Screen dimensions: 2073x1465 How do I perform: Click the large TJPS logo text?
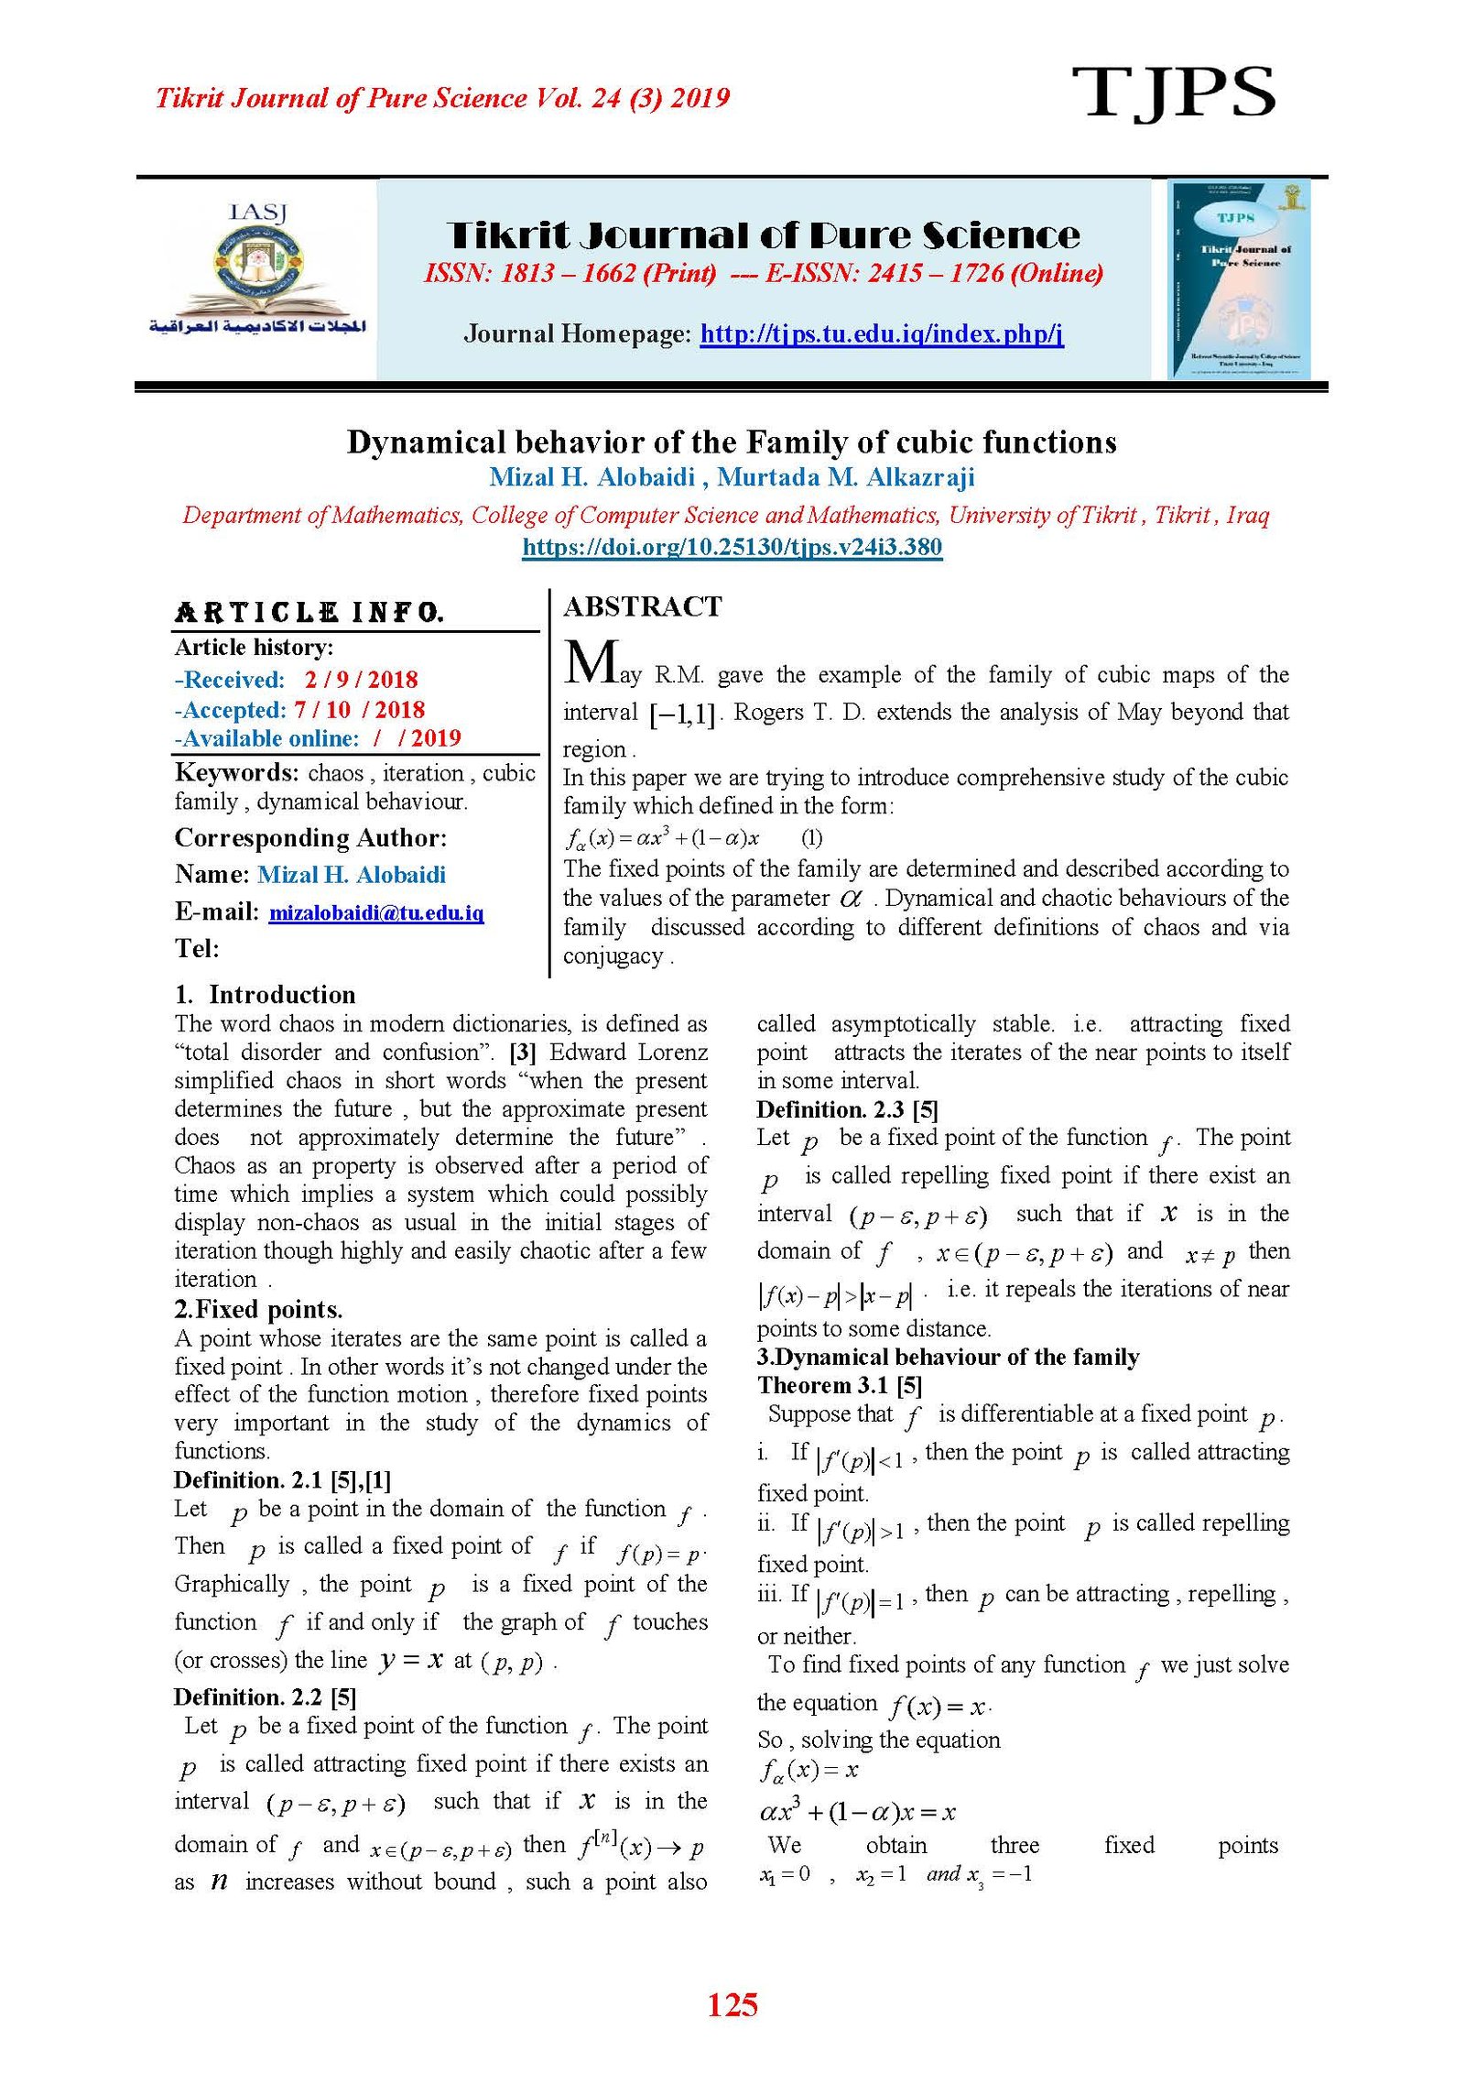click(1173, 93)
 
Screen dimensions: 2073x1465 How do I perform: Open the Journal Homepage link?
click(881, 333)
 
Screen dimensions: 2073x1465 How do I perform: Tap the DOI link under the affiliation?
click(732, 548)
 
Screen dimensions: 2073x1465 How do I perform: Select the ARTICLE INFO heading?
click(309, 612)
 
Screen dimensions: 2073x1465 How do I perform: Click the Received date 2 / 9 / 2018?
click(361, 680)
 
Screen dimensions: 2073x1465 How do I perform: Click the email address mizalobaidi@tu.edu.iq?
click(375, 912)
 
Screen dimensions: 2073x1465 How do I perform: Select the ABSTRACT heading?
click(643, 606)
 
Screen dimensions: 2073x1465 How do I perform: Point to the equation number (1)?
click(811, 837)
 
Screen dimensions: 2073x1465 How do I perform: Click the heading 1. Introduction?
click(265, 995)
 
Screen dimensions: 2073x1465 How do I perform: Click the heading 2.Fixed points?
click(258, 1309)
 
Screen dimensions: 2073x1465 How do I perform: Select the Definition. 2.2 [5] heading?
click(265, 1697)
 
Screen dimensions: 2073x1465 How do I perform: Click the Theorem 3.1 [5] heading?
click(839, 1385)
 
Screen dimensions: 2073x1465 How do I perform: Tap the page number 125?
click(732, 2005)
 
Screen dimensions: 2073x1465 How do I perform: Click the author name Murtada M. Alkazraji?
click(845, 477)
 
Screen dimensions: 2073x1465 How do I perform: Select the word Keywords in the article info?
click(236, 773)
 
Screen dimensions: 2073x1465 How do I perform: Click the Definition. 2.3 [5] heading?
click(847, 1109)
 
